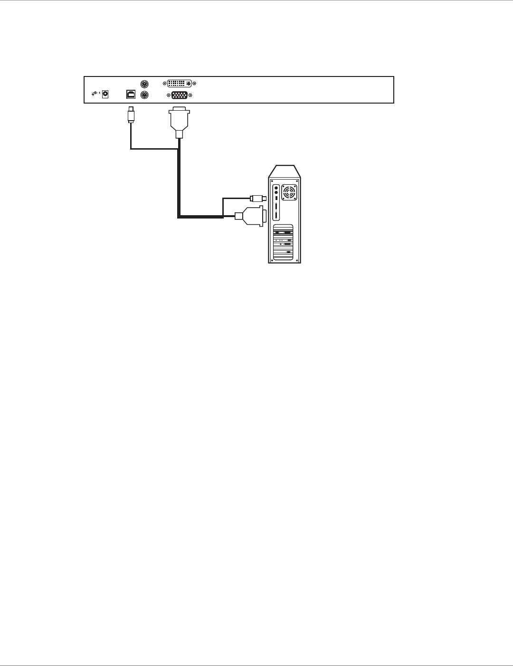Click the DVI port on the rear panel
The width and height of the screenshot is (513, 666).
180,83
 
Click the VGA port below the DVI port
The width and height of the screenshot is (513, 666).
179,95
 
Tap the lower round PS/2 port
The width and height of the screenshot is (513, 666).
145,95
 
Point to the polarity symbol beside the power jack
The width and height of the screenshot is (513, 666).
95,94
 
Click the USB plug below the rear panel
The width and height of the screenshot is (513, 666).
131,115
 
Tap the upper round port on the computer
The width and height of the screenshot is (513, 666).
276,188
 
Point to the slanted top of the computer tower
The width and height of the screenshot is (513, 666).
285,171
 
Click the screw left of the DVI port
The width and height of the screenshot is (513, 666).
165,83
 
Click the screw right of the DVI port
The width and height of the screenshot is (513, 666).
195,83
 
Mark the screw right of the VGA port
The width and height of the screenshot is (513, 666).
190,95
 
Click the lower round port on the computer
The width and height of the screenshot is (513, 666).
276,193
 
